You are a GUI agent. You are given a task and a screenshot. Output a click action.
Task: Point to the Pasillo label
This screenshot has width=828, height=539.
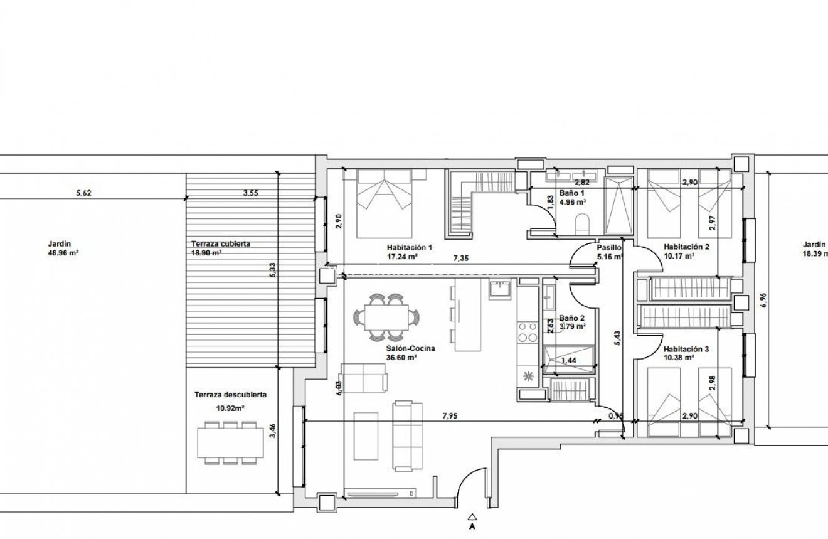[x=608, y=248]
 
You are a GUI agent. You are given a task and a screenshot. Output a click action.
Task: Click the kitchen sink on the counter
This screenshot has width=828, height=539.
[x=501, y=290]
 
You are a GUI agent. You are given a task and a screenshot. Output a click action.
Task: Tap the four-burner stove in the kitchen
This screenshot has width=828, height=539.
[x=527, y=331]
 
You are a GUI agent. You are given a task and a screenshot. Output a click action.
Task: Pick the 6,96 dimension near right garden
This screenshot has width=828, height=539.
[x=763, y=302]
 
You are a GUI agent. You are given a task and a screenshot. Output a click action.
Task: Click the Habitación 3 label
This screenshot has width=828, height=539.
[x=686, y=350]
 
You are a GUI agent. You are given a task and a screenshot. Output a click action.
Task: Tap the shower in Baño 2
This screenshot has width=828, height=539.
[x=568, y=360]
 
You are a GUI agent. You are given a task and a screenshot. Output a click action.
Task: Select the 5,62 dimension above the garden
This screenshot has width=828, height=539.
[x=83, y=194]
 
